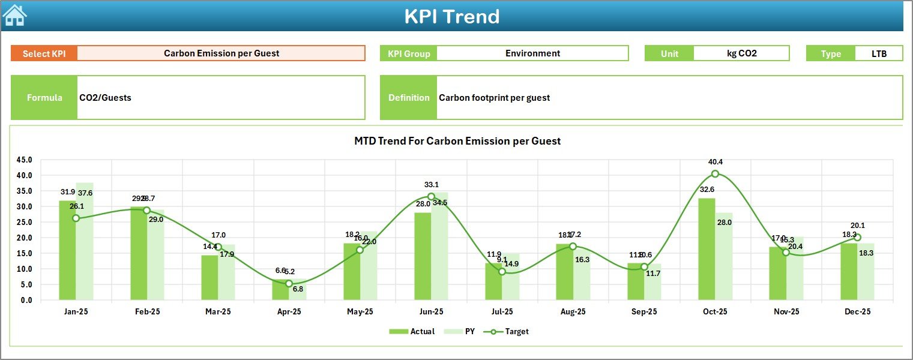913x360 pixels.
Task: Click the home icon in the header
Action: click(x=14, y=16)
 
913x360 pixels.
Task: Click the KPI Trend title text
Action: click(x=451, y=16)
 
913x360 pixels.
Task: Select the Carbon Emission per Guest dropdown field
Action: click(x=221, y=53)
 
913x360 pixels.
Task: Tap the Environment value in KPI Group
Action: click(x=532, y=53)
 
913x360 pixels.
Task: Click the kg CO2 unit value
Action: click(x=741, y=53)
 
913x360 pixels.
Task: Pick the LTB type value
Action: click(x=879, y=53)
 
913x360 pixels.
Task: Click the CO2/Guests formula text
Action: click(x=106, y=98)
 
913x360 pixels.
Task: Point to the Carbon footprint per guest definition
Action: click(x=494, y=98)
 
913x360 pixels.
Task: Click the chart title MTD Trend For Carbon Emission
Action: click(x=457, y=141)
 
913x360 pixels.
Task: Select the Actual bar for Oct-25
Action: click(x=707, y=249)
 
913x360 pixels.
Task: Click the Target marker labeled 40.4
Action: click(x=715, y=174)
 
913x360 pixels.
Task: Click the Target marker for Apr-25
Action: click(x=289, y=284)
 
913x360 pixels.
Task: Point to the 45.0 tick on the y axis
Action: click(x=25, y=160)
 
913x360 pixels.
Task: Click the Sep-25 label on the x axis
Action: click(x=644, y=312)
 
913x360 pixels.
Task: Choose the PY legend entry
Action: click(x=462, y=331)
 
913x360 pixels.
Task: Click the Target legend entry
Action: click(x=510, y=331)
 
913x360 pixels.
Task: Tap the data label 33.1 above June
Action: click(x=431, y=185)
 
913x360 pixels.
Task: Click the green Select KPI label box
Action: click(x=44, y=53)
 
